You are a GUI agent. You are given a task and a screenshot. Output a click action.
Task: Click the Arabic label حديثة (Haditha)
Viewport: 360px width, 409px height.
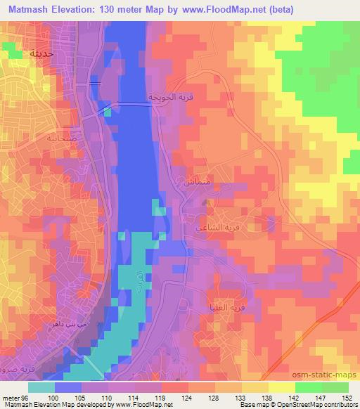[26, 53]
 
